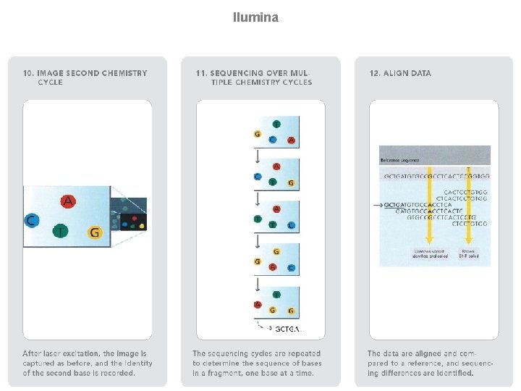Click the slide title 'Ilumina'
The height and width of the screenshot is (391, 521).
[x=255, y=17]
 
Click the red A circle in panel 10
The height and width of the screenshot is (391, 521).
[x=67, y=201]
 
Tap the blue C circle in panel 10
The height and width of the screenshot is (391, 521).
[x=30, y=220]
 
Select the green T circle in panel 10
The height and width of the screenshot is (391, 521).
[x=61, y=230]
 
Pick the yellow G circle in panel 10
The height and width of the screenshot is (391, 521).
[x=94, y=232]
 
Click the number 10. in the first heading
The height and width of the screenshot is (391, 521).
[x=29, y=73]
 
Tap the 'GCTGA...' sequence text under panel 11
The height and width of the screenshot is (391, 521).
[x=287, y=329]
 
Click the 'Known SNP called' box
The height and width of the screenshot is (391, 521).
[x=468, y=254]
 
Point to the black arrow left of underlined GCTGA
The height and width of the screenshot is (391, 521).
[x=378, y=205]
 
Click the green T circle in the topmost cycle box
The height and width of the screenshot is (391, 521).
[x=276, y=124]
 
